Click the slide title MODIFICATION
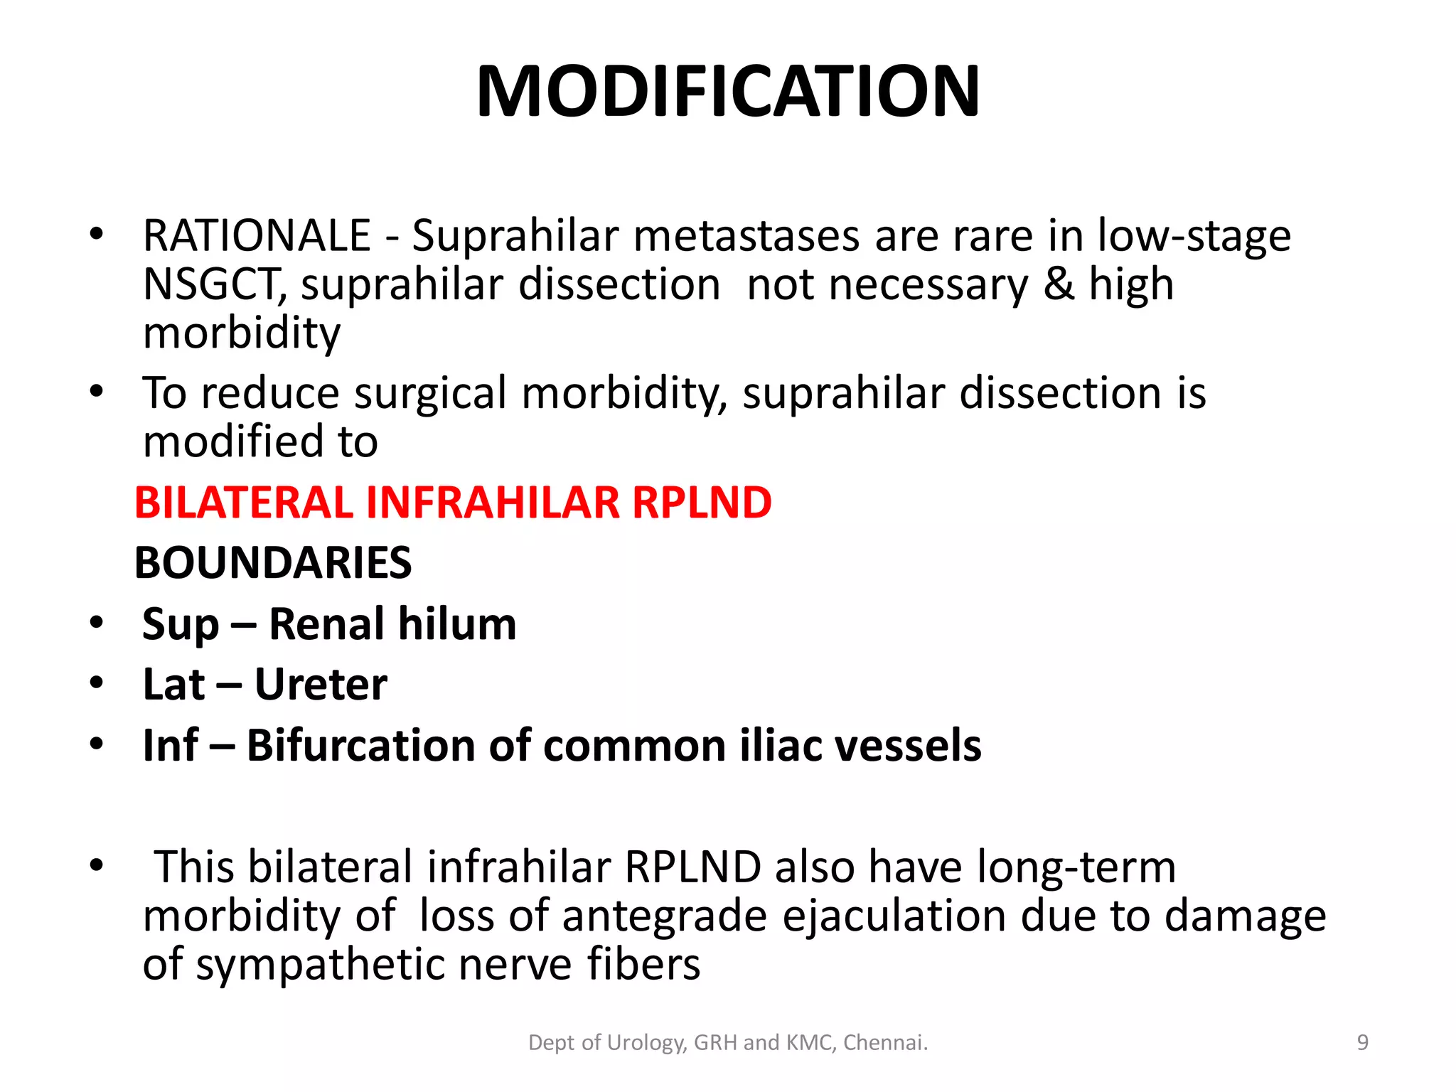pyautogui.click(x=728, y=91)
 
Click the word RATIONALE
pyautogui.click(x=257, y=236)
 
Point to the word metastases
pyautogui.click(x=746, y=236)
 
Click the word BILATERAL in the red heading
pyautogui.click(x=244, y=503)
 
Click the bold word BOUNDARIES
pyautogui.click(x=273, y=563)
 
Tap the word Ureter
pyautogui.click(x=321, y=685)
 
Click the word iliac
pyautogui.click(x=778, y=746)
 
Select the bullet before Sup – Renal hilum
pyautogui.click(x=97, y=623)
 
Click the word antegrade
pyautogui.click(x=665, y=916)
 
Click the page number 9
pyautogui.click(x=1362, y=1043)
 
